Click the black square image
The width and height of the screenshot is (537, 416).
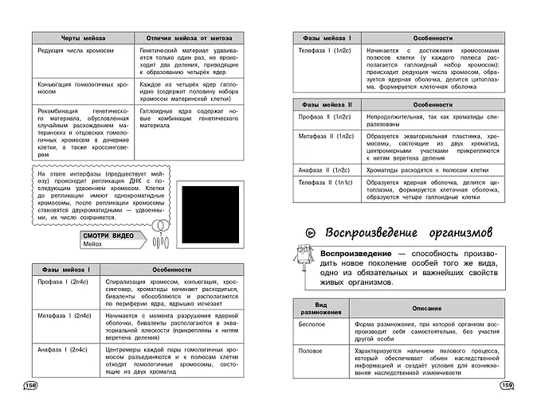[x=214, y=216]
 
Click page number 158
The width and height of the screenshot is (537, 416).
[x=31, y=386]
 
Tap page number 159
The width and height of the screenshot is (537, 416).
[x=505, y=386]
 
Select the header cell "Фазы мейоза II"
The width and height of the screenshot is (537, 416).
[x=327, y=104]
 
